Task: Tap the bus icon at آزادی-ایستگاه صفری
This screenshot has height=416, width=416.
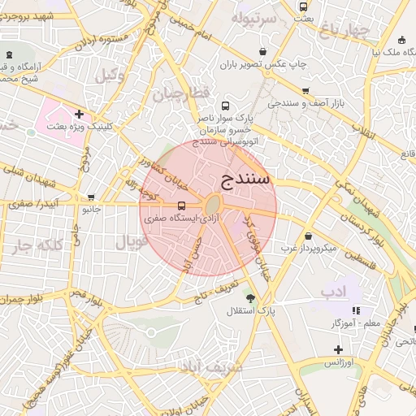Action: pyautogui.click(x=180, y=206)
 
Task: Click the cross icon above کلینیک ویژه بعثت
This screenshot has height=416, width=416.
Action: pyautogui.click(x=78, y=115)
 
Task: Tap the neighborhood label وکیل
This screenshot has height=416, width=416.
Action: pyautogui.click(x=110, y=76)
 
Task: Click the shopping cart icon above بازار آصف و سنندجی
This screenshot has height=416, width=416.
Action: pyautogui.click(x=305, y=91)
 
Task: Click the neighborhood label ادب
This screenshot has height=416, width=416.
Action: pyautogui.click(x=333, y=290)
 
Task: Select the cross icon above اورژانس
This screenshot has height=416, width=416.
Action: pyautogui.click(x=338, y=349)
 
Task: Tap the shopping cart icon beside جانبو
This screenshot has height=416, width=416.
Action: pyautogui.click(x=90, y=197)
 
